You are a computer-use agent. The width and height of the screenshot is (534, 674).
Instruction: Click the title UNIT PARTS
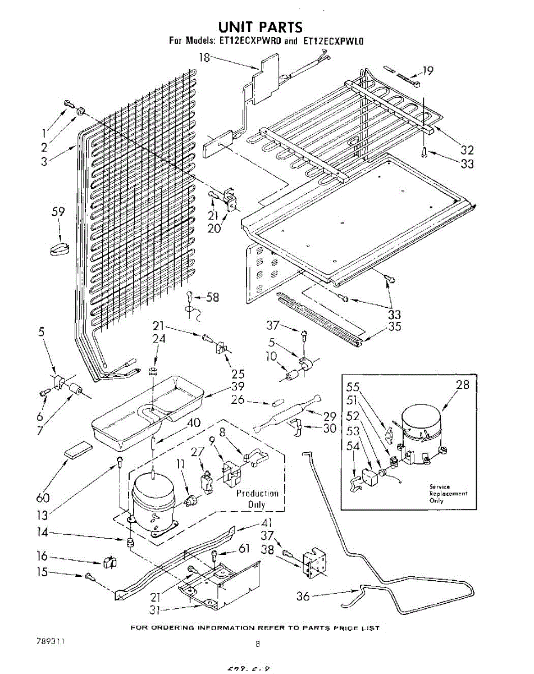tap(260, 26)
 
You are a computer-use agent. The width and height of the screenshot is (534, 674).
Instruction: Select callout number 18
tap(204, 56)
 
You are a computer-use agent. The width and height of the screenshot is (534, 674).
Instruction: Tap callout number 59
tap(58, 212)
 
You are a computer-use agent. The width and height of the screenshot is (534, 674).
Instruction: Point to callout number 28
tap(462, 385)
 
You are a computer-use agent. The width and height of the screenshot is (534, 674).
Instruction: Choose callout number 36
tap(303, 596)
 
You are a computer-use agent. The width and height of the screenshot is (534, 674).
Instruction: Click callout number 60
tap(43, 498)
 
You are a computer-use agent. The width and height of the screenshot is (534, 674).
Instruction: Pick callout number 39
tap(238, 386)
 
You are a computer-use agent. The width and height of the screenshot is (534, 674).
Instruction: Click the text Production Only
tap(257, 499)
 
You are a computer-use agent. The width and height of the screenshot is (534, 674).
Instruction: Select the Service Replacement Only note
tap(448, 493)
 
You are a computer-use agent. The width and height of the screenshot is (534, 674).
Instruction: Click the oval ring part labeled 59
tap(57, 248)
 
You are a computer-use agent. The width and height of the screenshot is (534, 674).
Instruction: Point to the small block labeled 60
tap(77, 450)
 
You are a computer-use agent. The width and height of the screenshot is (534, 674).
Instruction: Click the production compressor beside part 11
tap(152, 500)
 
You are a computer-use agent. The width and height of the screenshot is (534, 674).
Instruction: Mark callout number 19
tap(428, 71)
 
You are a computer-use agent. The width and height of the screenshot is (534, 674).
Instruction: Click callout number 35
tap(395, 326)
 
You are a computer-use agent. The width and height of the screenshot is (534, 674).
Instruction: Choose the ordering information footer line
tap(255, 628)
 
